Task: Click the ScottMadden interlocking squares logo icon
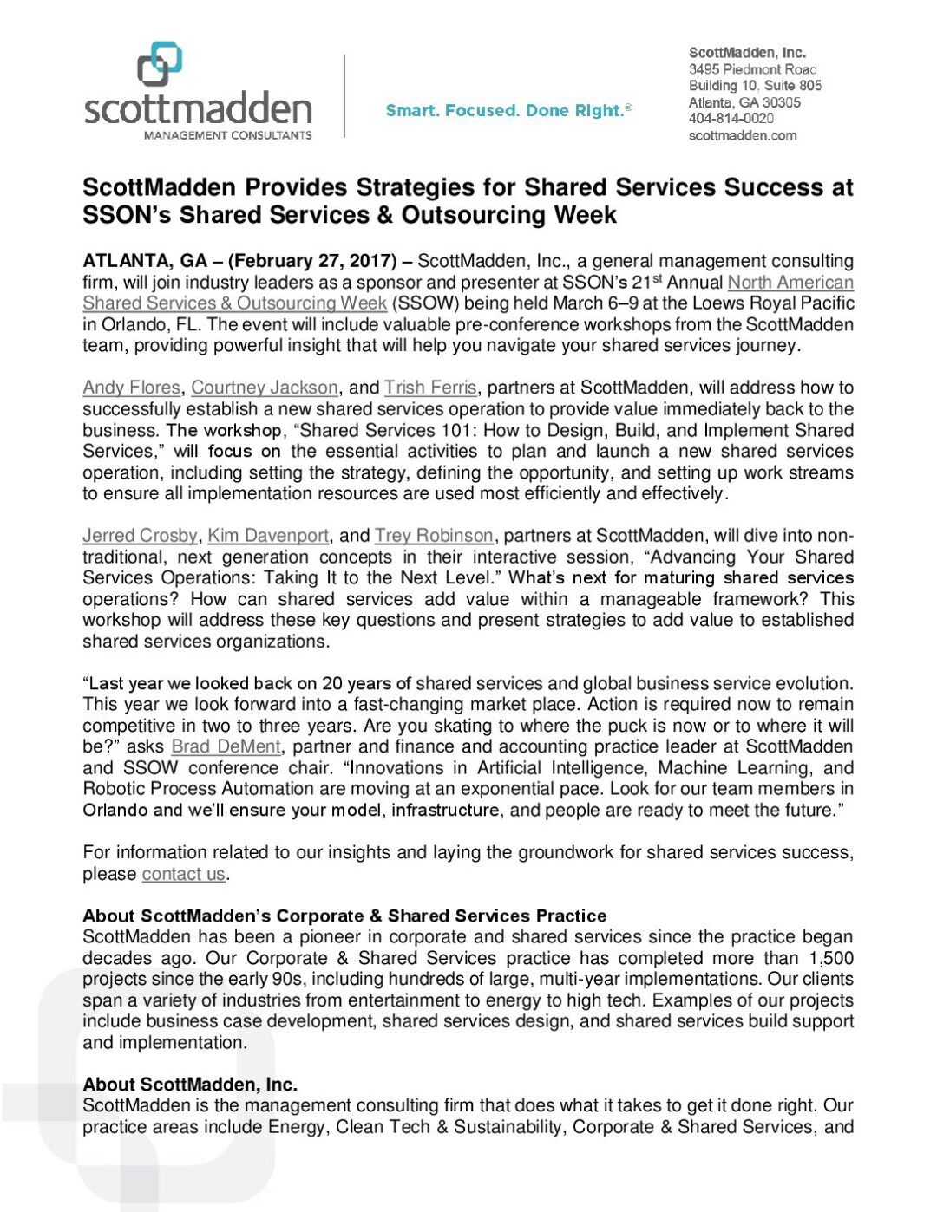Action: point(160,64)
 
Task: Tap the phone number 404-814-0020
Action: point(731,118)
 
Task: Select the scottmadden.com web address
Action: point(742,135)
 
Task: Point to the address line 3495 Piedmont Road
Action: point(752,68)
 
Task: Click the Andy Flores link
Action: point(131,388)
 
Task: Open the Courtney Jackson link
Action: point(265,388)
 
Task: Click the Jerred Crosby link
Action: point(140,536)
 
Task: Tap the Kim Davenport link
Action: point(268,536)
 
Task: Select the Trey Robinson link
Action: point(434,536)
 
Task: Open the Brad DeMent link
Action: point(226,746)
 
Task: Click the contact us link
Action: point(183,874)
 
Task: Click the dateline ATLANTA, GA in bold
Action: point(145,261)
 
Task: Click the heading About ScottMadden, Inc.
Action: point(190,1085)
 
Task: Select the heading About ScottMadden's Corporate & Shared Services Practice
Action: point(344,916)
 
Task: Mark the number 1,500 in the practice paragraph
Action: point(830,958)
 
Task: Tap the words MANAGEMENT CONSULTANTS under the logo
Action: point(227,135)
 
